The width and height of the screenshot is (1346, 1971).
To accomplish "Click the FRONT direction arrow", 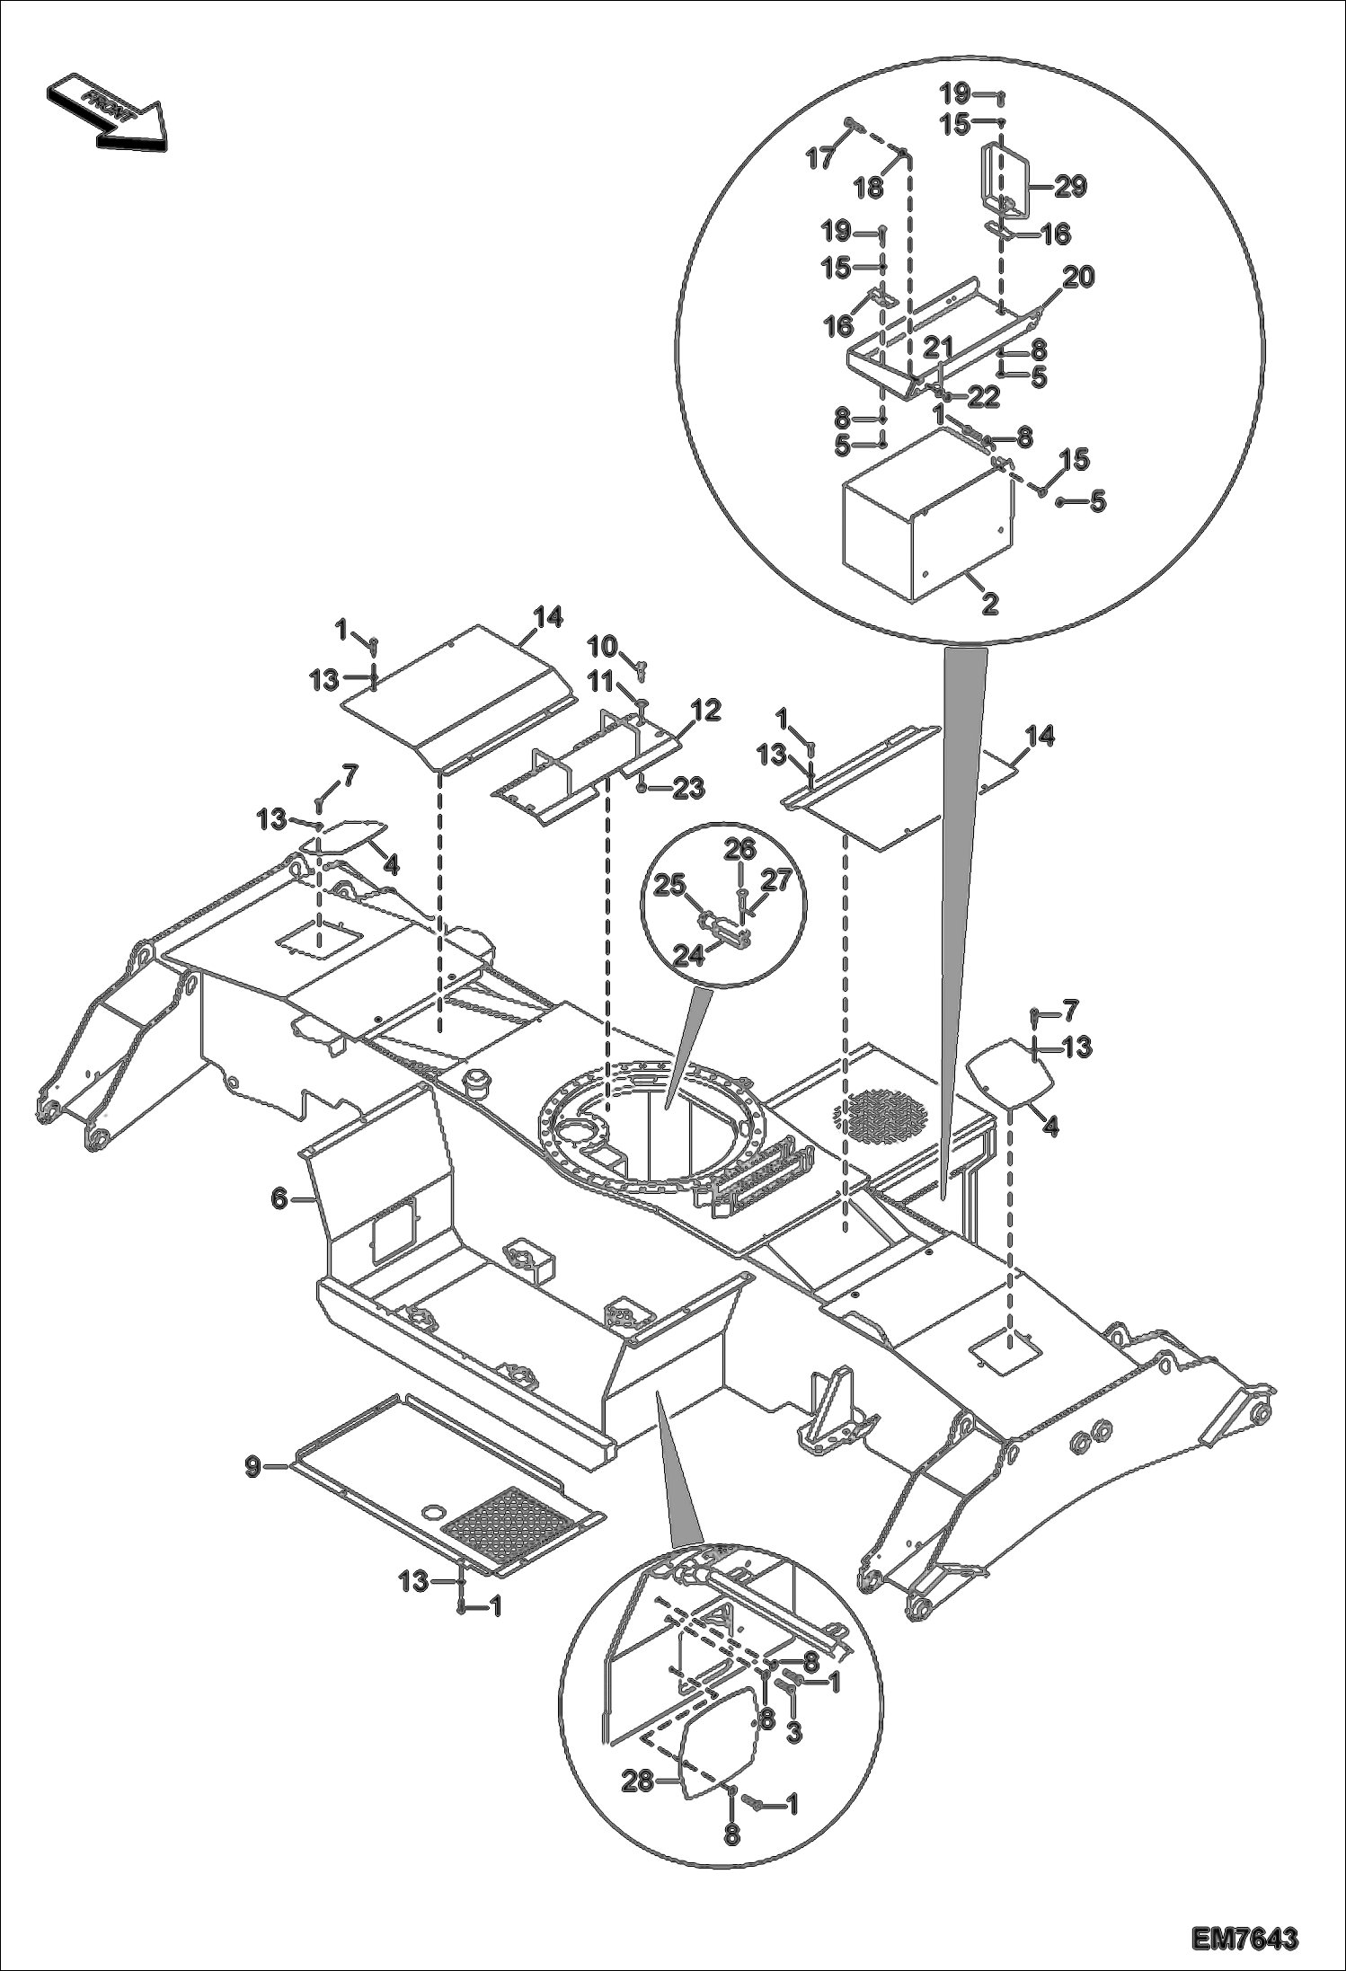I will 106,111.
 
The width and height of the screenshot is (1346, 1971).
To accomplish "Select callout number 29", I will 1070,186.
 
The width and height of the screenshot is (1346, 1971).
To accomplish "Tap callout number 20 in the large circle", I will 1079,278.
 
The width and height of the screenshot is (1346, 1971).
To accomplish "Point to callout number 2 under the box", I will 989,604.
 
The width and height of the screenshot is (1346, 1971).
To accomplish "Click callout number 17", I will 819,159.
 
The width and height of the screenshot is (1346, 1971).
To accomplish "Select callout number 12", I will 706,711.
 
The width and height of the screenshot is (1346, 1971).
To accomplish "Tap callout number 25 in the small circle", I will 669,886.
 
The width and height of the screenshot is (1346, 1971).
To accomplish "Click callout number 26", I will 741,849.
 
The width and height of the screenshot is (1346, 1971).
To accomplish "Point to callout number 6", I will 279,1198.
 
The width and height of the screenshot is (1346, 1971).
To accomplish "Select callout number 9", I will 253,1467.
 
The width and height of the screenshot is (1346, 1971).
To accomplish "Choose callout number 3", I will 793,1733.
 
